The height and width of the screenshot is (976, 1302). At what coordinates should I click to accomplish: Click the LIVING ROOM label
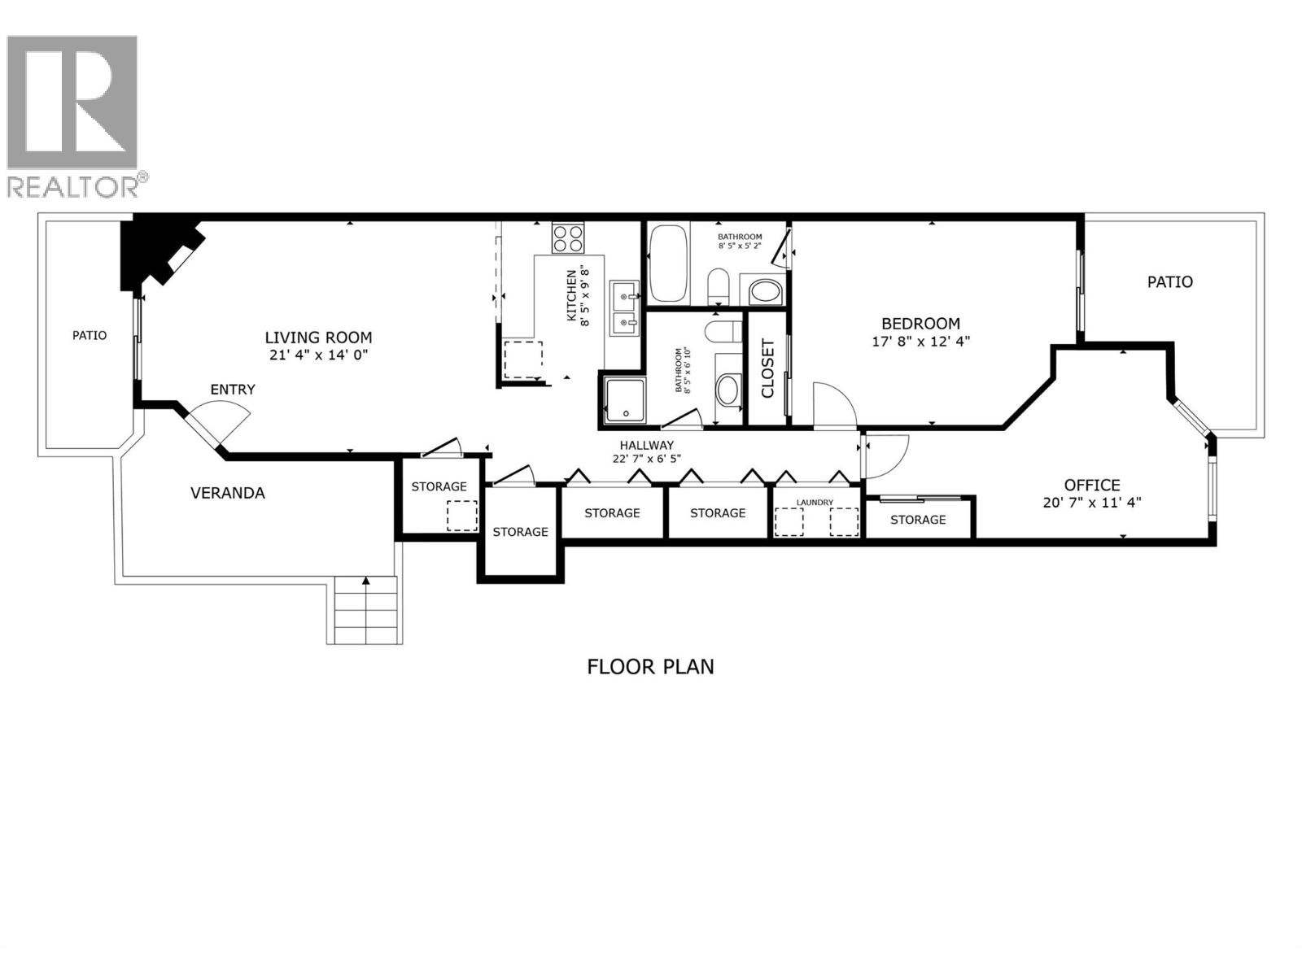(318, 338)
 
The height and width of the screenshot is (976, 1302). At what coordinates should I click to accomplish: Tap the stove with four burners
(567, 237)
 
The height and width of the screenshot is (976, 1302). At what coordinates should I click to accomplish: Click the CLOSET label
(767, 368)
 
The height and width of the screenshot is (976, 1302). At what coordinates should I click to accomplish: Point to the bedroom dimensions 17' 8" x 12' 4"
(920, 342)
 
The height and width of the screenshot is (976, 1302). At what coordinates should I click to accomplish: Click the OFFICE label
(1092, 486)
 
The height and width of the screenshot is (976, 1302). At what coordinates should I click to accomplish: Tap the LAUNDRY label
(815, 503)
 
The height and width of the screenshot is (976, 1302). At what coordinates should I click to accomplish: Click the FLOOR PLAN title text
(650, 667)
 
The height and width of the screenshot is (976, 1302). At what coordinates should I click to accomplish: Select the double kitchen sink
(625, 307)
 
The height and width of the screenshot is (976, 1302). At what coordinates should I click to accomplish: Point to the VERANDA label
(227, 493)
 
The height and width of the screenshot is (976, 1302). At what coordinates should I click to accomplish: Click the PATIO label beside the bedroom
(1169, 282)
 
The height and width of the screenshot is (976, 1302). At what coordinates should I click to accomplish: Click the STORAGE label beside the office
(918, 520)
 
